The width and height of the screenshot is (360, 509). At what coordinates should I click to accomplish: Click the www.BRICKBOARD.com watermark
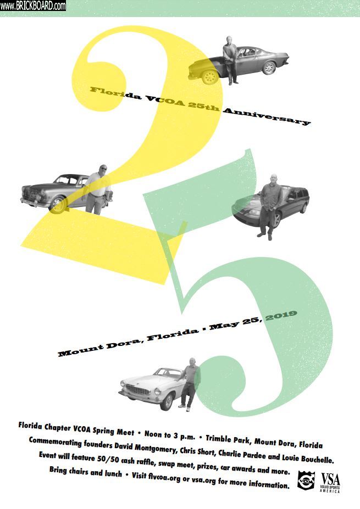click(x=33, y=5)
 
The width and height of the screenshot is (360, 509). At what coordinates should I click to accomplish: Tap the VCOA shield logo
click(x=306, y=480)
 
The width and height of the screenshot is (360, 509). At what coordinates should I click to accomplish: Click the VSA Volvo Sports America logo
click(x=330, y=483)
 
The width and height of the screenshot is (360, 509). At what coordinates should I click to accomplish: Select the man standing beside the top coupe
click(x=230, y=60)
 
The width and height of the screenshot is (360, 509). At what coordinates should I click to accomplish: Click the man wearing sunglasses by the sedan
click(x=97, y=189)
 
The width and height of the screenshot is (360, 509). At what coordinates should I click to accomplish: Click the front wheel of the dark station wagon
click(x=276, y=220)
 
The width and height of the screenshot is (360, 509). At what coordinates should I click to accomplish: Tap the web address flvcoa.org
click(x=164, y=477)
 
